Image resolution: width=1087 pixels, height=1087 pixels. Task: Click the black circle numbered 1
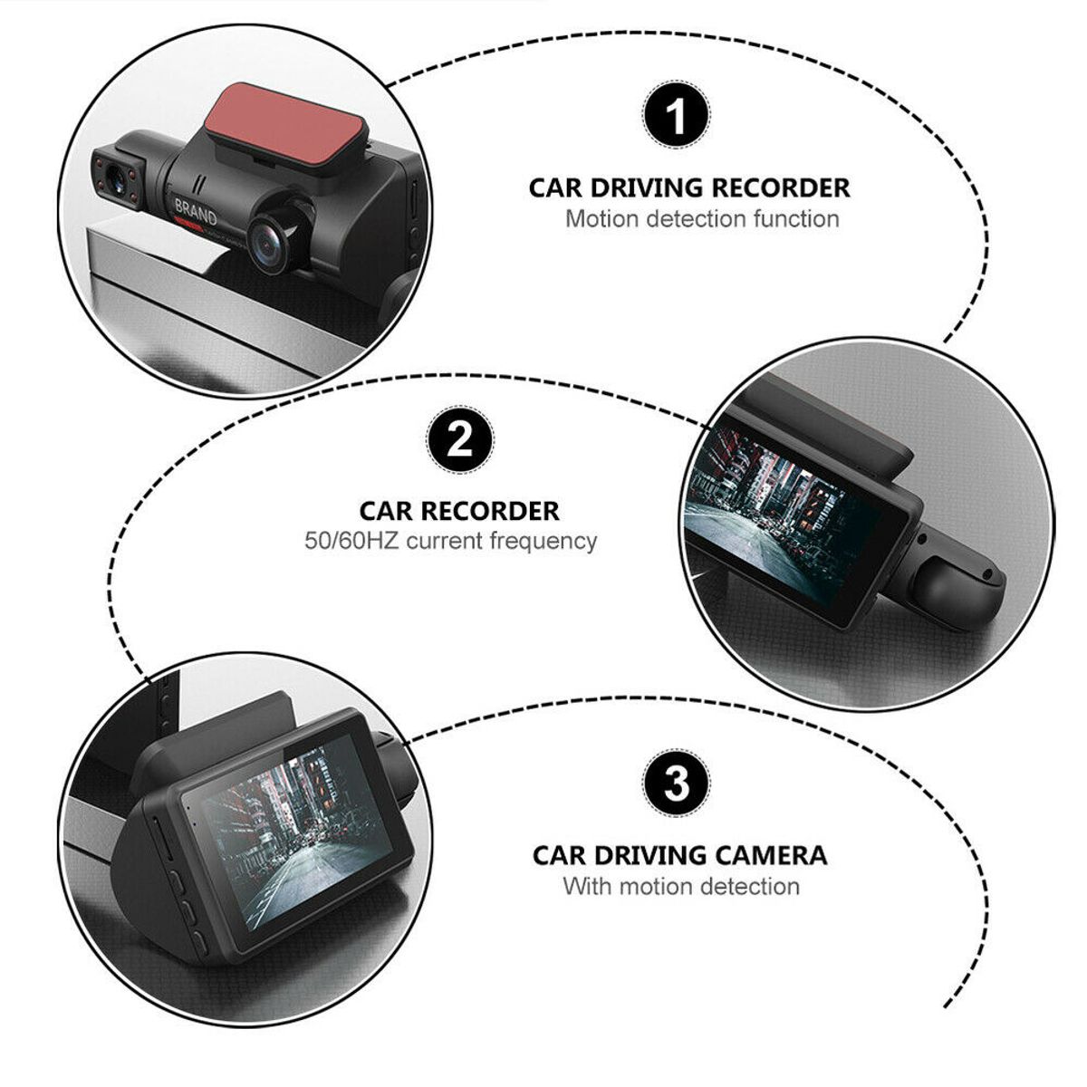coord(677,115)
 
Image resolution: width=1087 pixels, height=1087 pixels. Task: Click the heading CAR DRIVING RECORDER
coord(689,188)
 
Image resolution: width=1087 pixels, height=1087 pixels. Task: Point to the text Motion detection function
coord(702,219)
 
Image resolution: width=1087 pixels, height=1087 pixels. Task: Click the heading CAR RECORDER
coord(459,511)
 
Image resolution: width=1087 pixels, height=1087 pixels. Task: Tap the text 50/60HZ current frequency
coord(450,542)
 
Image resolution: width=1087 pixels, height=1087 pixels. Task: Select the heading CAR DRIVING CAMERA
coord(679,855)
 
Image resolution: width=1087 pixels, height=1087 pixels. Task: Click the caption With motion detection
coord(681,886)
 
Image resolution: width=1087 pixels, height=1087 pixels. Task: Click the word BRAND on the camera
coord(195,210)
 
